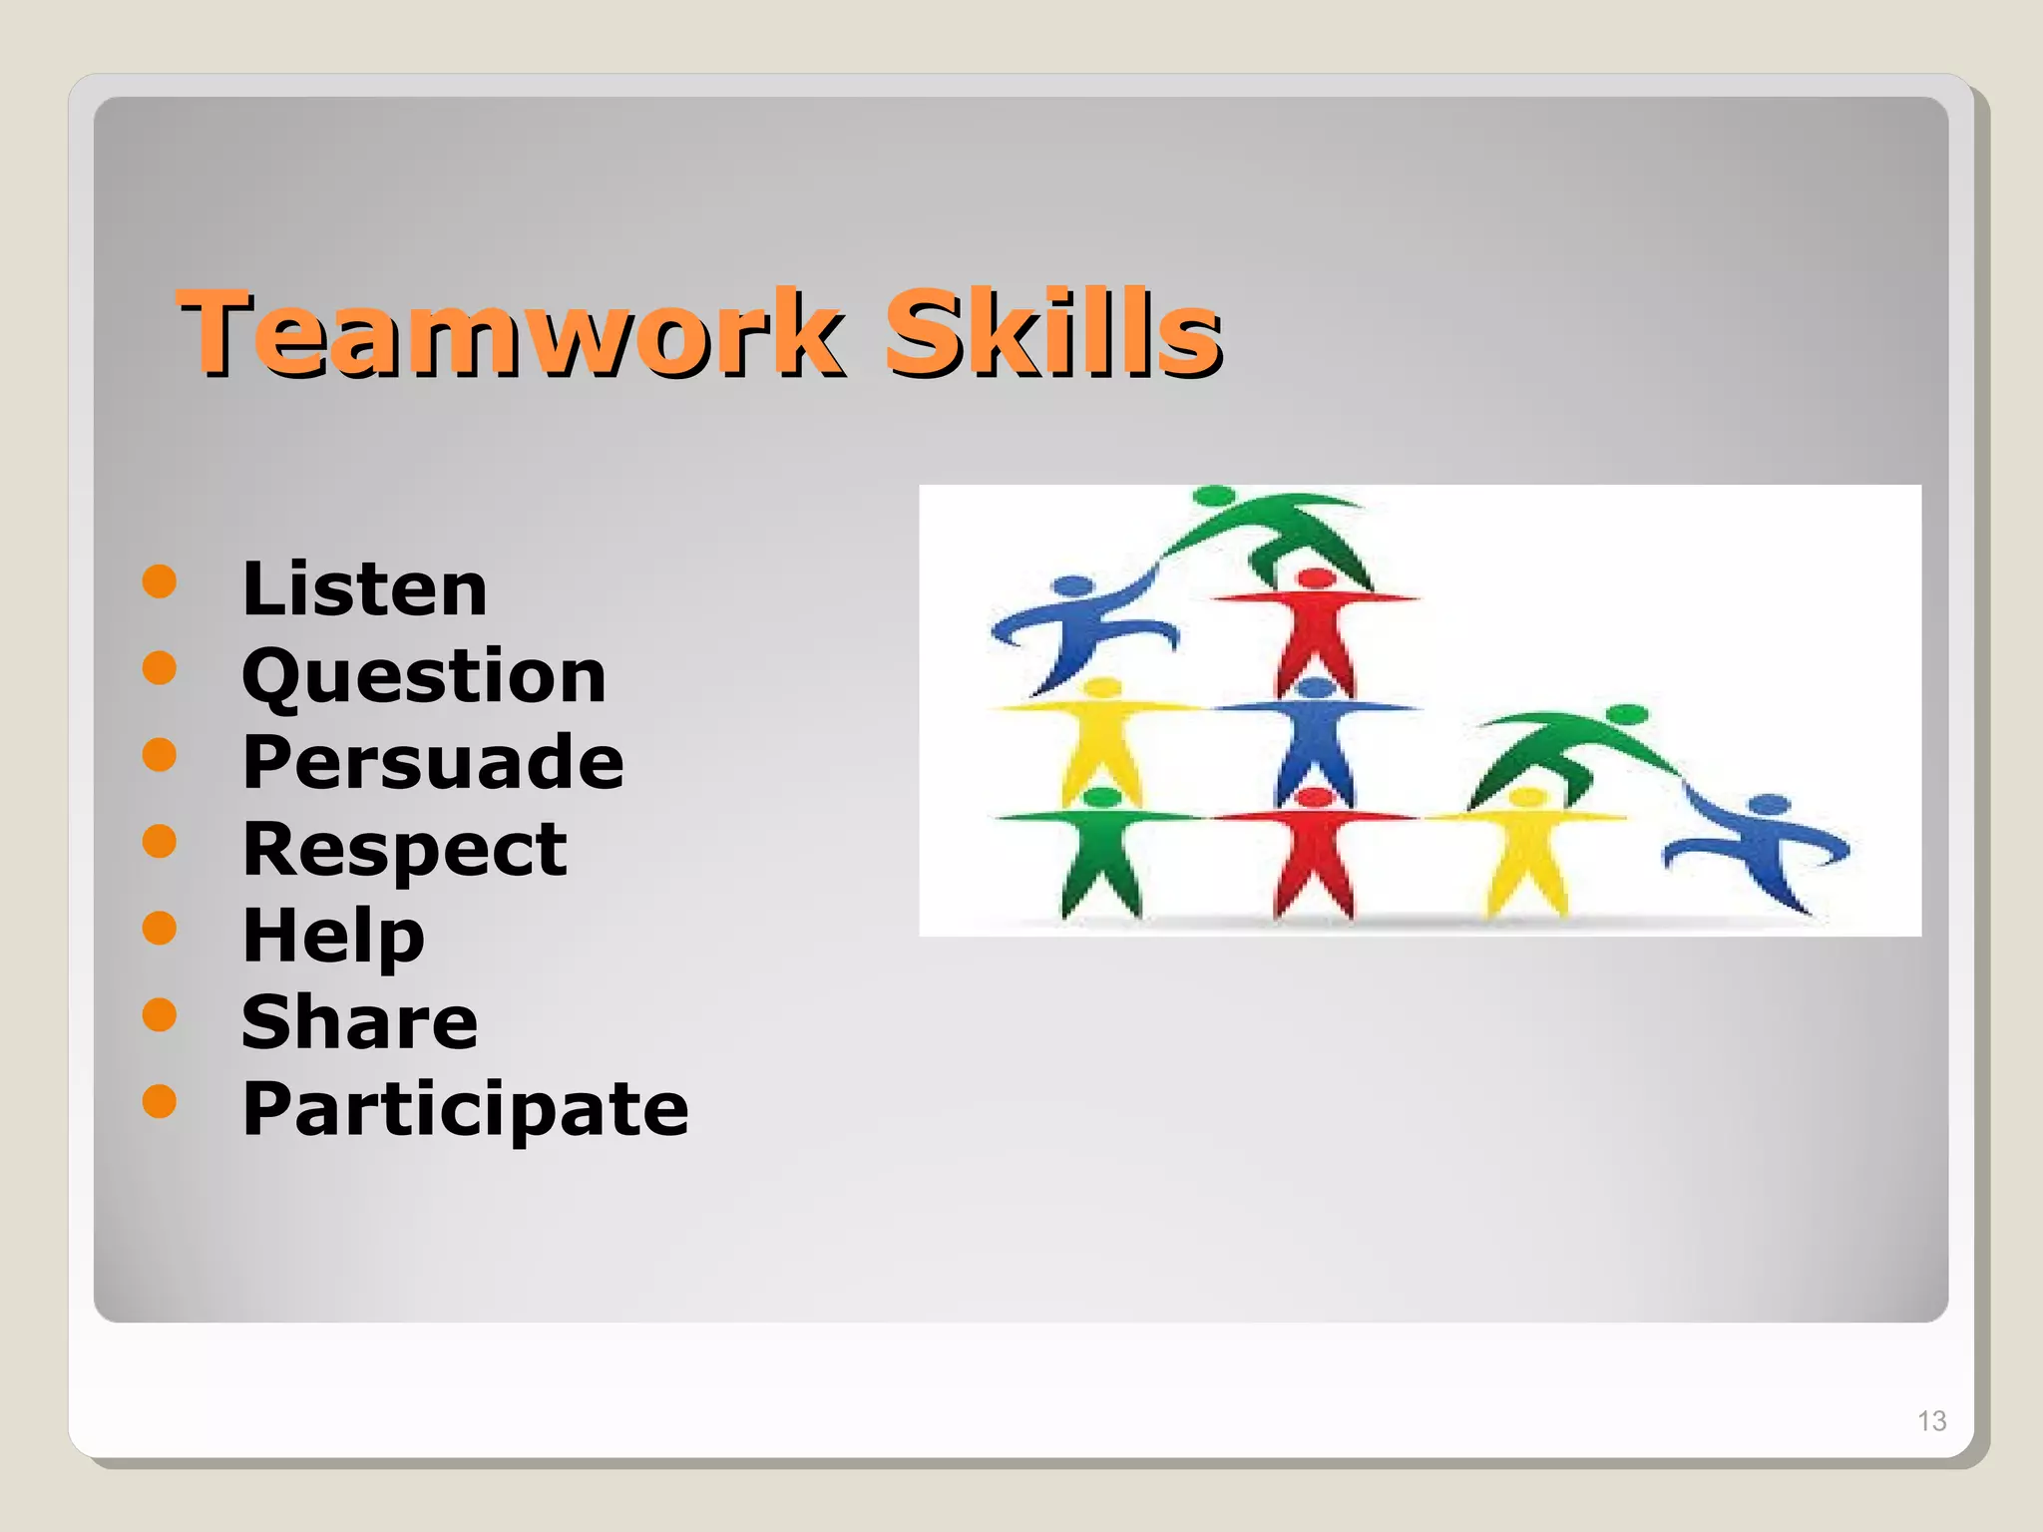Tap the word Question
(424, 676)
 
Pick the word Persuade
(433, 762)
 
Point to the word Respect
(404, 849)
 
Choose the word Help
(333, 936)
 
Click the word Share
(360, 1022)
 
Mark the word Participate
(465, 1109)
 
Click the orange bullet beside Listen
(160, 580)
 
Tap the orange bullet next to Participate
(160, 1101)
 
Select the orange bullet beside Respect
(160, 841)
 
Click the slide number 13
(1931, 1420)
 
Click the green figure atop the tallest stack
(1277, 529)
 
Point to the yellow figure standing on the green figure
(1100, 738)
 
